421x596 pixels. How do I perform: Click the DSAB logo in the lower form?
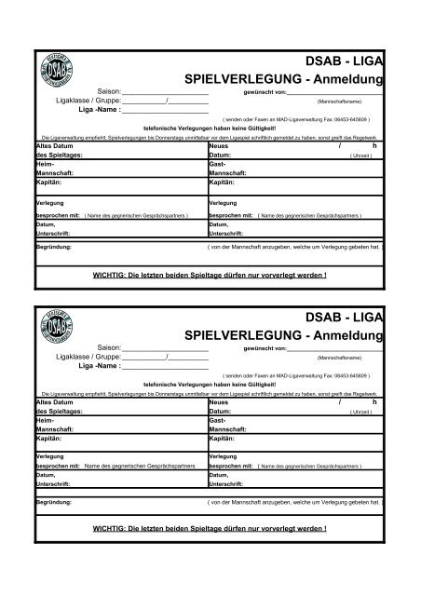coord(57,331)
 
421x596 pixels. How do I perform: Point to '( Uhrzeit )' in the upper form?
coord(362,156)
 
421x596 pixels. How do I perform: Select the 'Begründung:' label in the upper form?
coord(55,249)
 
